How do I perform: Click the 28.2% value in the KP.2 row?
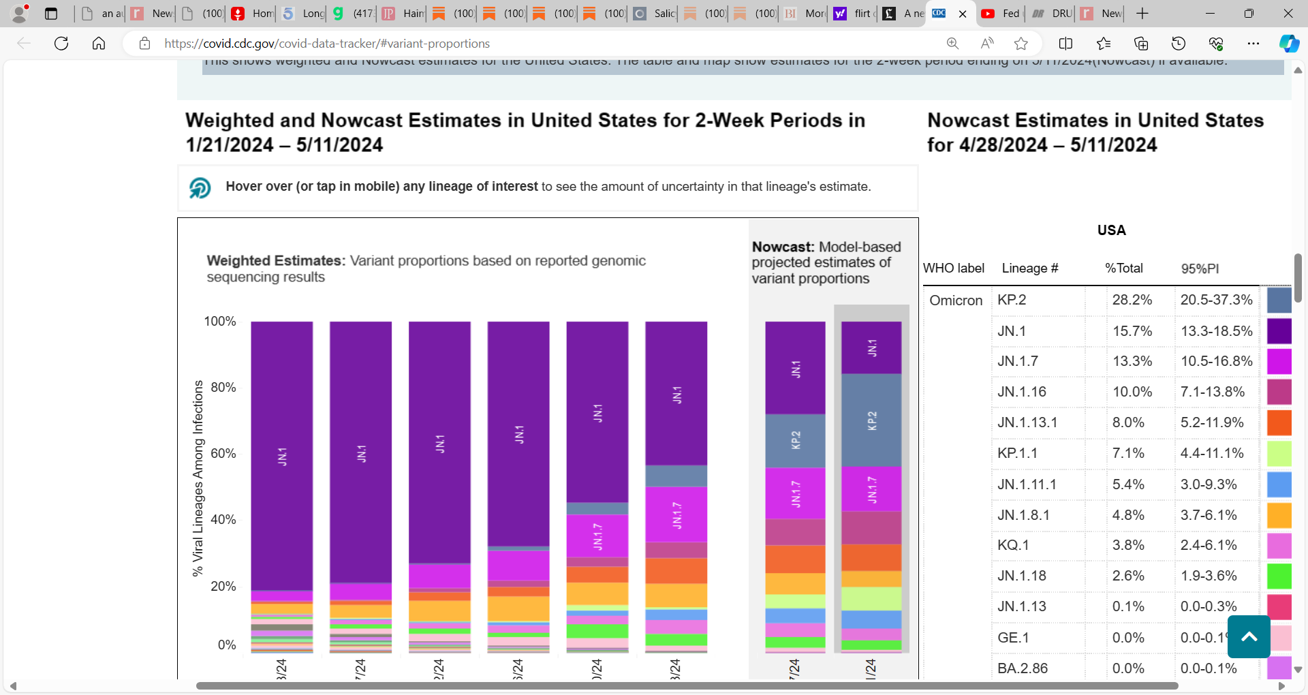click(1132, 300)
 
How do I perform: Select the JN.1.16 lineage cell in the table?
click(1021, 392)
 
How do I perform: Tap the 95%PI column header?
click(1200, 268)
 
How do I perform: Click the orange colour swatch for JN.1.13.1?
click(1279, 422)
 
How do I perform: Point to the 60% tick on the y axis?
click(223, 454)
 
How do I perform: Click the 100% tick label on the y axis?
click(219, 322)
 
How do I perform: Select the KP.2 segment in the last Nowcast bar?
click(871, 420)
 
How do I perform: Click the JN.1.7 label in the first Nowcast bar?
click(795, 493)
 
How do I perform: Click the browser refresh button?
click(61, 44)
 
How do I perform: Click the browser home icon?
click(99, 44)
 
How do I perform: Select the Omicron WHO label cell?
click(956, 300)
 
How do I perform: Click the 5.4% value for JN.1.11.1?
click(1127, 484)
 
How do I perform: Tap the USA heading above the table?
click(1111, 230)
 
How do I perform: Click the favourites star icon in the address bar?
click(1021, 44)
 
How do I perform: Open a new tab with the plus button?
click(1142, 14)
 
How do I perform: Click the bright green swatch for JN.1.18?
click(1279, 576)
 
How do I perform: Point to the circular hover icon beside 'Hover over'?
click(200, 187)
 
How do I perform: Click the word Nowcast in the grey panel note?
click(782, 247)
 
